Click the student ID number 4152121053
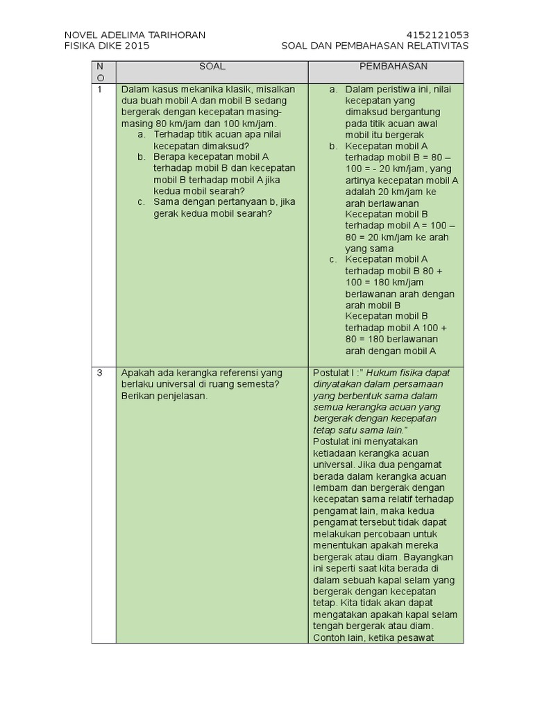(438, 35)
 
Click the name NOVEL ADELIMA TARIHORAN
(135, 35)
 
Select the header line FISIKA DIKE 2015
(106, 46)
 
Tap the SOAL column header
(212, 67)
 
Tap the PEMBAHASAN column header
(393, 67)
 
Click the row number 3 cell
(100, 373)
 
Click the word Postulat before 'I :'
(330, 373)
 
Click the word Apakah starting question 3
(137, 373)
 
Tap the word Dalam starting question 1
(135, 90)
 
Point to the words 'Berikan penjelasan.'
(164, 396)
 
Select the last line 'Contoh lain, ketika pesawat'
(374, 638)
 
